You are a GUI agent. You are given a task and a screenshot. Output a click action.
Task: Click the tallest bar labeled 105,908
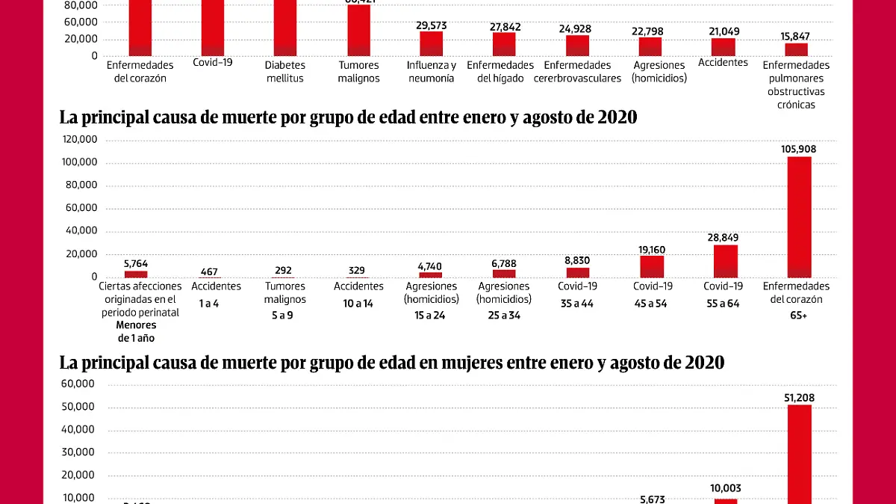click(x=798, y=217)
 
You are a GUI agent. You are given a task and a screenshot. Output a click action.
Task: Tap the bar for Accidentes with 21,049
click(x=723, y=46)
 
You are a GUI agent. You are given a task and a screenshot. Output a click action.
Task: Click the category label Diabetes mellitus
click(x=284, y=71)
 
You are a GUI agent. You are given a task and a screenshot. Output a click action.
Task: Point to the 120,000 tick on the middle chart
click(x=80, y=140)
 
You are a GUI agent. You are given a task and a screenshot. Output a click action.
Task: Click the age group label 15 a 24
click(x=431, y=316)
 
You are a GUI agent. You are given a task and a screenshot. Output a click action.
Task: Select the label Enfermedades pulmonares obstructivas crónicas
click(x=796, y=85)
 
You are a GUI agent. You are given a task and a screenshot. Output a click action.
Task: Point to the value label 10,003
click(x=725, y=488)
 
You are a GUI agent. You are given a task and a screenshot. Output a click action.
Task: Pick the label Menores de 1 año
click(x=136, y=331)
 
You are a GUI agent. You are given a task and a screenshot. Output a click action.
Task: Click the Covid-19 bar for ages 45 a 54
click(x=651, y=266)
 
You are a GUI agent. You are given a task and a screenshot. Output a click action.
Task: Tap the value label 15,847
click(x=795, y=36)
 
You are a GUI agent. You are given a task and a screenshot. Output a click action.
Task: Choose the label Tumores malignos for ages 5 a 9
click(x=284, y=292)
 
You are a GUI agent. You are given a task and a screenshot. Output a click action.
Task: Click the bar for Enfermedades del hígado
click(x=504, y=44)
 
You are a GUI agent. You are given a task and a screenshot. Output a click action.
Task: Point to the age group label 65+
click(x=796, y=316)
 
